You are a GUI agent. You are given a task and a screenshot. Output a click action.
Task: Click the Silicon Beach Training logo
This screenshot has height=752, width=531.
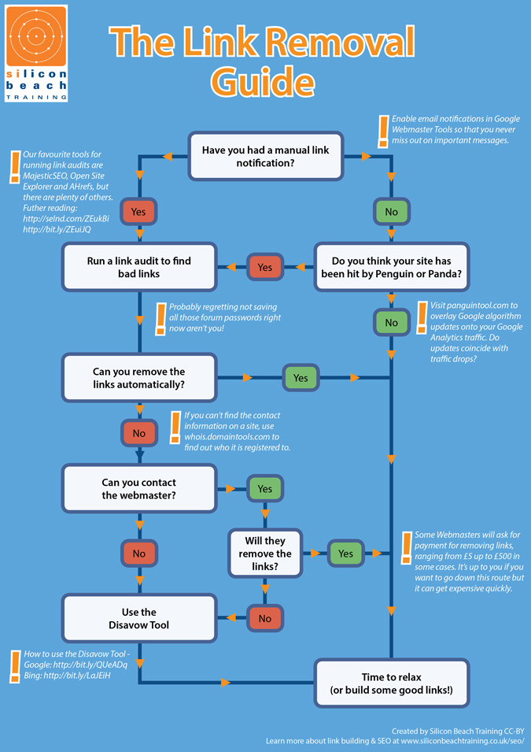[x=36, y=53]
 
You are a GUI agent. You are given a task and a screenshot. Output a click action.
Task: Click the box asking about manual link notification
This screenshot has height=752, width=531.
[x=265, y=156]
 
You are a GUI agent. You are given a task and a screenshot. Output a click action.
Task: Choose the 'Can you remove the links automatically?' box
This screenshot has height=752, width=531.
[x=138, y=378]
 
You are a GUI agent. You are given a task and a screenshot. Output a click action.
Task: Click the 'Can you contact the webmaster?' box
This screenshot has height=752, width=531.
[x=138, y=488]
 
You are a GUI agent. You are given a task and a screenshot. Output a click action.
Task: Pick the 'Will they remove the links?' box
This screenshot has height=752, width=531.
[x=265, y=554]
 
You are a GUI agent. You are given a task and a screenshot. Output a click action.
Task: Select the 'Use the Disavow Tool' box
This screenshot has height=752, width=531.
[x=138, y=618]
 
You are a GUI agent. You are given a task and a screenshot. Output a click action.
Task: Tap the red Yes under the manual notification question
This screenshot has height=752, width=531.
[x=138, y=212]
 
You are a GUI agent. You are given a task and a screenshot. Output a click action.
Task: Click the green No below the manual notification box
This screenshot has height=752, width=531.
[x=391, y=212]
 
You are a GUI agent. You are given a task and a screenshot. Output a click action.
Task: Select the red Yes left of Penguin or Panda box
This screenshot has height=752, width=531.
[x=265, y=268]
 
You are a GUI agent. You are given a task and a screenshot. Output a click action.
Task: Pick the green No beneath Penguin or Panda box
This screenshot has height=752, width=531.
[x=391, y=323]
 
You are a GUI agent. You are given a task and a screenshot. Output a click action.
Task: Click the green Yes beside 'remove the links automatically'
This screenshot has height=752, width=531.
[x=301, y=378]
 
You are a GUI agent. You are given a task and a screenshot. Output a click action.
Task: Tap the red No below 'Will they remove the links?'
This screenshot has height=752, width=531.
[x=265, y=618]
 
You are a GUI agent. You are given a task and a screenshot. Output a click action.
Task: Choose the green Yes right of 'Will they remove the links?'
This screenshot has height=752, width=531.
[x=346, y=554]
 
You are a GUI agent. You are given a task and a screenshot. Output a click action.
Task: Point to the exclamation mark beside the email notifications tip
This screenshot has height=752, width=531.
[x=383, y=132]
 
